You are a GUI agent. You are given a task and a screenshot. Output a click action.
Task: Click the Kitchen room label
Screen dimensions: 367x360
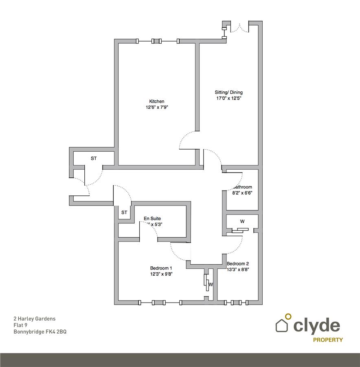point(157,102)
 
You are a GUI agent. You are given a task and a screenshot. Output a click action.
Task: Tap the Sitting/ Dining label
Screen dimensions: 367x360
point(229,92)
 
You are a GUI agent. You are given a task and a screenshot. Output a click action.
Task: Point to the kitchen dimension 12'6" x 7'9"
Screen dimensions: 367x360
point(157,108)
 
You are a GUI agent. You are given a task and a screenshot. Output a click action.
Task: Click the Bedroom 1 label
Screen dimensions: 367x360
point(161,268)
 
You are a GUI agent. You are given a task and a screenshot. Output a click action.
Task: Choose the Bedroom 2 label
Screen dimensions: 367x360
point(238,263)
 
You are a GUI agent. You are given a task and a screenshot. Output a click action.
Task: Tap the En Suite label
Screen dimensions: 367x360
point(152,219)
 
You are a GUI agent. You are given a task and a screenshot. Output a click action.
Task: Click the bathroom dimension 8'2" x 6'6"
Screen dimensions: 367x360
point(243,193)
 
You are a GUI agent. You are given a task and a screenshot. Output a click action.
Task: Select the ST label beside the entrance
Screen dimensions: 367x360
point(94,158)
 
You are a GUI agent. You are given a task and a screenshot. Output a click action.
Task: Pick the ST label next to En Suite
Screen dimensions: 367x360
point(124,212)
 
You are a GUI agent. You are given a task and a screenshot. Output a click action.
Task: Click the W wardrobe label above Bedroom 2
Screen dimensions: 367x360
point(242,221)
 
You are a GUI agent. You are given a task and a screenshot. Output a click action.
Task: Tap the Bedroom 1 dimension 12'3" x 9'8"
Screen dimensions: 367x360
point(161,274)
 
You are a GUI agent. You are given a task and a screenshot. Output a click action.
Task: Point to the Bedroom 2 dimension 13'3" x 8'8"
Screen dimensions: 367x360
point(238,270)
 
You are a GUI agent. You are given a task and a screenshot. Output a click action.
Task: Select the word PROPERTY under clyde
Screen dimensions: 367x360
point(327,340)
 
